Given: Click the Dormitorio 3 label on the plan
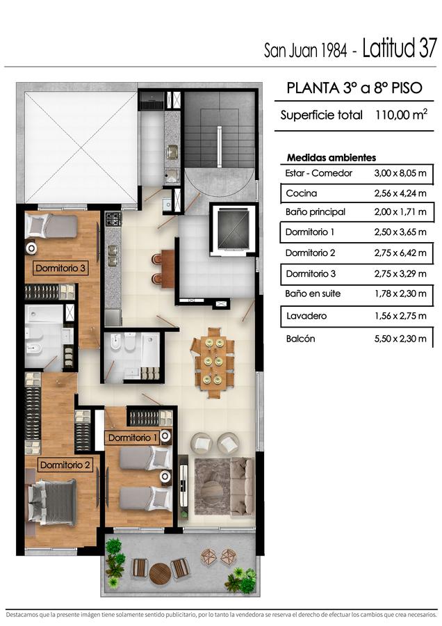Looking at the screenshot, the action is (x=60, y=268).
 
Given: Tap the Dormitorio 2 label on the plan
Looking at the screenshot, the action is (x=65, y=465).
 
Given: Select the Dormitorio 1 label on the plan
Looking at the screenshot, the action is (x=133, y=438).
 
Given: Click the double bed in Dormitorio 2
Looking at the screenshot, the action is (x=52, y=502).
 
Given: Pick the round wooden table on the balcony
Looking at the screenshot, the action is (x=160, y=574).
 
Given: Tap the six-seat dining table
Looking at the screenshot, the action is (x=213, y=363).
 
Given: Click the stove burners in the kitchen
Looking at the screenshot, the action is (x=113, y=219).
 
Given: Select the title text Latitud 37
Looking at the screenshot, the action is (x=400, y=48).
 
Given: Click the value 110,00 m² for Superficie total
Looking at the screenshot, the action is (x=401, y=115).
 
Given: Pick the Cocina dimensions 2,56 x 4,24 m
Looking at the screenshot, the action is (x=400, y=193).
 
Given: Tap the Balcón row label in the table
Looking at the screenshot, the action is (x=300, y=339).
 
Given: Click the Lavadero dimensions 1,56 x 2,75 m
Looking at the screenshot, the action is (x=400, y=316).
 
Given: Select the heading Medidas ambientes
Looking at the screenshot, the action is (x=331, y=158).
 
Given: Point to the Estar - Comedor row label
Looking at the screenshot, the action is (x=318, y=173).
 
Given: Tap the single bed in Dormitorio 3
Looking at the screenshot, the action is (x=51, y=226).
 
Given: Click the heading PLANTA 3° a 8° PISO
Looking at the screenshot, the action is (x=354, y=88).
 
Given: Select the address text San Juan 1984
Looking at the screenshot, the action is (x=305, y=51).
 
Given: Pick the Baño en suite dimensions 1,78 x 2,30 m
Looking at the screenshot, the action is (x=400, y=294).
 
